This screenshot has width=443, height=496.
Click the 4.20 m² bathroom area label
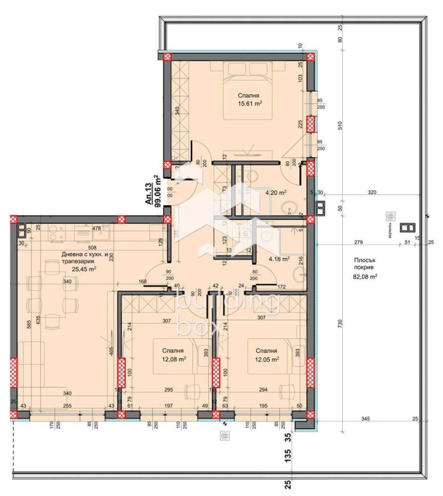[x=275, y=193]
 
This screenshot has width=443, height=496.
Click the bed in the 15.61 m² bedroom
[x=254, y=91]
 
